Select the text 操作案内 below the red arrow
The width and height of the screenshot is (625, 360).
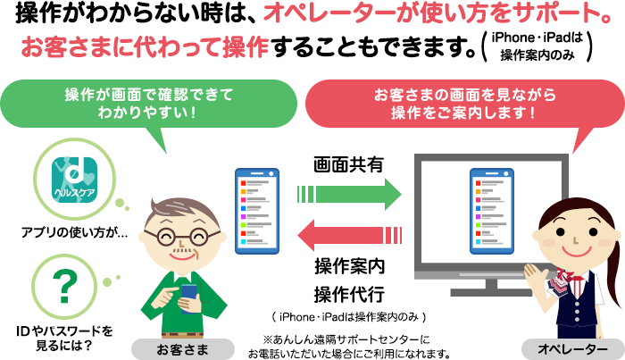pyautogui.click(x=348, y=265)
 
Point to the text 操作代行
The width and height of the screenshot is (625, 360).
pyautogui.click(x=348, y=294)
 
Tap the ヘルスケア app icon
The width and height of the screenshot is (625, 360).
pyautogui.click(x=69, y=175)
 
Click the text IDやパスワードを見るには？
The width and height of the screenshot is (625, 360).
pyautogui.click(x=62, y=337)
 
